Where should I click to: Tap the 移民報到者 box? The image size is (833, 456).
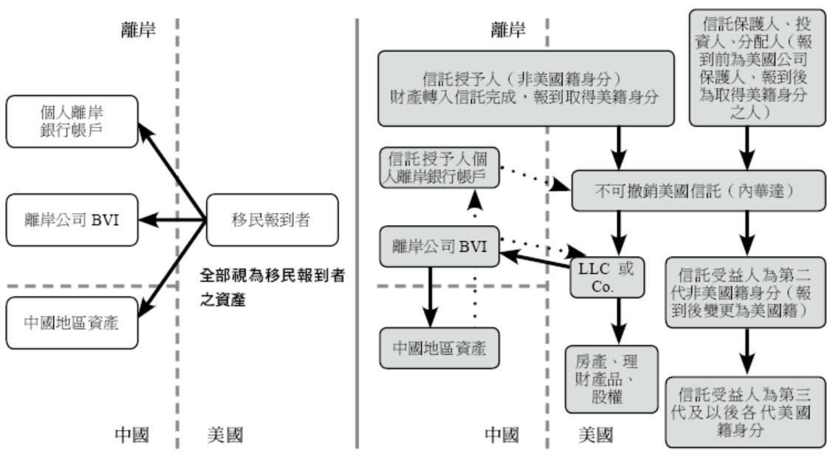click(x=272, y=219)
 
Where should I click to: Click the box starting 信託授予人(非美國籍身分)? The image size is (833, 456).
click(x=527, y=89)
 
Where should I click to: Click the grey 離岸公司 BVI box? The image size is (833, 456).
click(x=439, y=246)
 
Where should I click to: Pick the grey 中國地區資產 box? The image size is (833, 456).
click(x=439, y=348)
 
